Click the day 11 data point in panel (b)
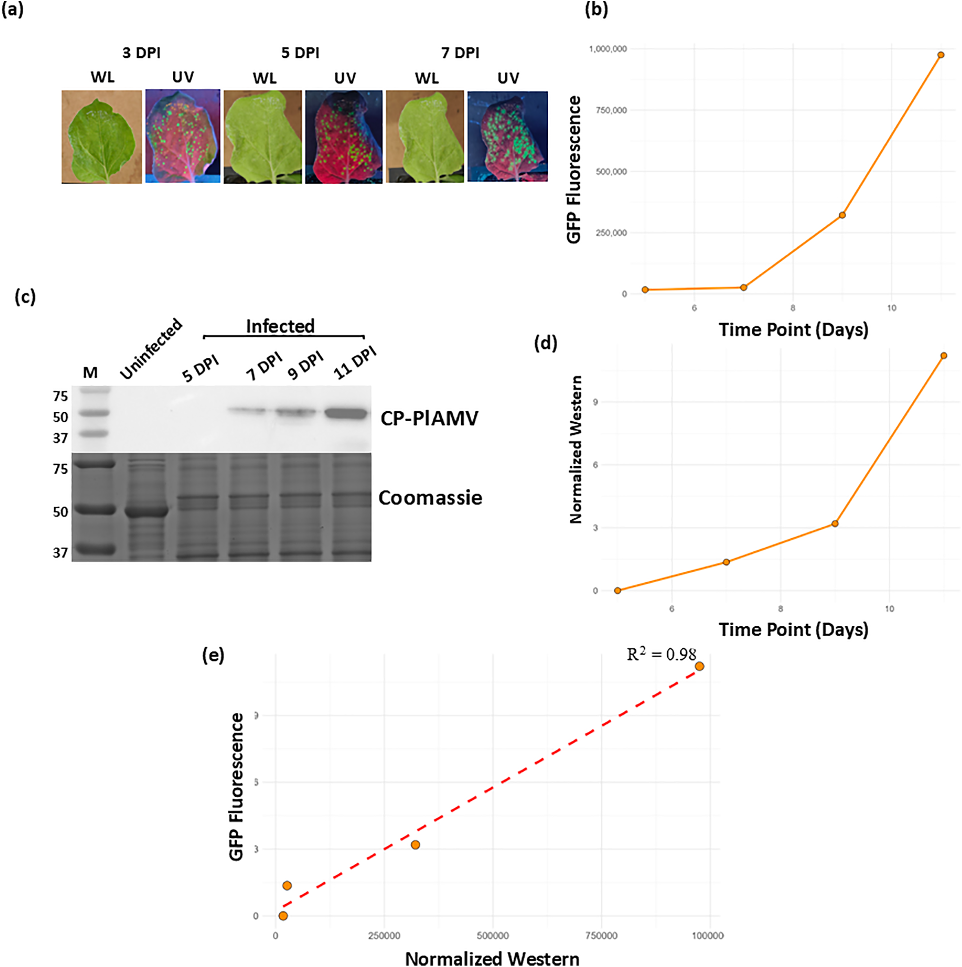tap(941, 55)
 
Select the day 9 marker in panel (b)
tap(842, 215)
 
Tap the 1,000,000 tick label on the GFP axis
tap(607, 49)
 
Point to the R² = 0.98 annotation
tap(661, 655)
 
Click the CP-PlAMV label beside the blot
tap(429, 418)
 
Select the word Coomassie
tap(430, 497)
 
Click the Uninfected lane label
tap(151, 348)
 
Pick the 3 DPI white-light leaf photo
tap(102, 137)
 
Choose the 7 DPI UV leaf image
tap(507, 136)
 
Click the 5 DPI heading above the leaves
tap(300, 53)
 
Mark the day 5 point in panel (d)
tap(618, 591)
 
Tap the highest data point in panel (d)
tap(944, 356)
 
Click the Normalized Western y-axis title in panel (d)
tap(576, 450)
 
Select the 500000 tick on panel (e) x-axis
tap(492, 935)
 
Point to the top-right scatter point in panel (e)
tap(699, 666)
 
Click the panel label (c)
tap(25, 297)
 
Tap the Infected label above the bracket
tap(280, 326)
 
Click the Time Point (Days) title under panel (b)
tap(793, 329)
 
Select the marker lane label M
tap(90, 373)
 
